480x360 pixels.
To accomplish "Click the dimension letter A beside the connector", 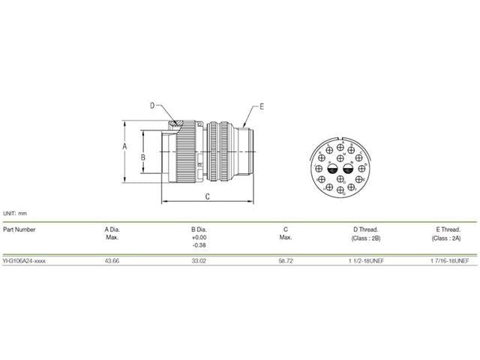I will coord(124,148).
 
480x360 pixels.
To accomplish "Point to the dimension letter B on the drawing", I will coord(142,157).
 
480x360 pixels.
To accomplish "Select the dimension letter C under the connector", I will coord(208,196).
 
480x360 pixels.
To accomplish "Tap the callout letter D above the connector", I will coord(151,106).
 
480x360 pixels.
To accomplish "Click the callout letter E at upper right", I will coord(262,107).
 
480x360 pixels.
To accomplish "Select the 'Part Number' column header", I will coord(19,229).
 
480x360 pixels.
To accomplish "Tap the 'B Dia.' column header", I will coord(199,229).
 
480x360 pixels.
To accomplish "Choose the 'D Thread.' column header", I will coord(365,229).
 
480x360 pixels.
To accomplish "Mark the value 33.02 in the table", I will coord(199,261).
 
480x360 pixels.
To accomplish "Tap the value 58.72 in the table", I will coord(285,261).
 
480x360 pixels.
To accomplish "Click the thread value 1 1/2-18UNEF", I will coord(365,261).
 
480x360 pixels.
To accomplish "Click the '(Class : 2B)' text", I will coord(365,238).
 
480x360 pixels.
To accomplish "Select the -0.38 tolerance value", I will coord(199,245).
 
